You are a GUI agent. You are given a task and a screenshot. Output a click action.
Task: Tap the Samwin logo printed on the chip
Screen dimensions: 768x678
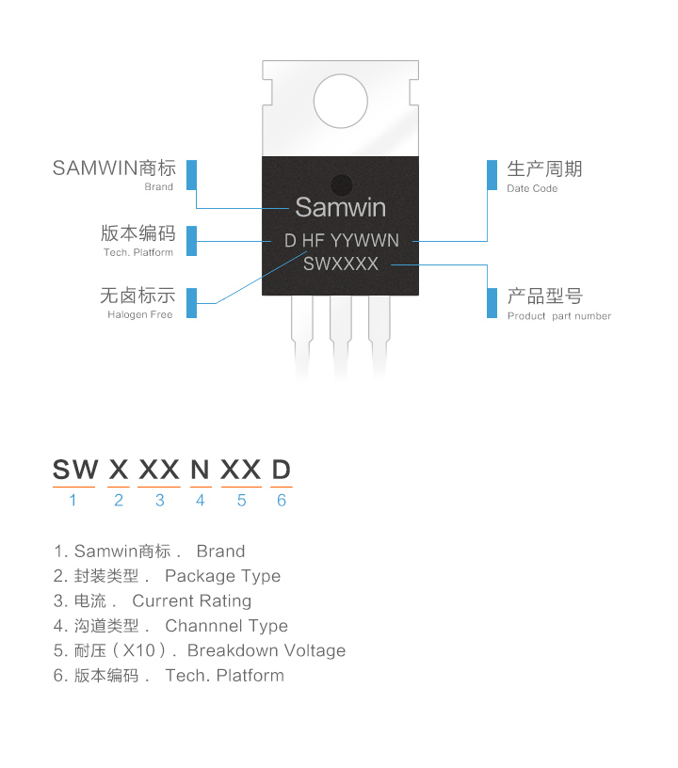point(340,206)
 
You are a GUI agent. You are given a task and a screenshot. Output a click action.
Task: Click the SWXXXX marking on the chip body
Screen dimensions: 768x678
point(341,264)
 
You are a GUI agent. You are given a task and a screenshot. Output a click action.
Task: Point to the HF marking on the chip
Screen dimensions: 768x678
point(313,241)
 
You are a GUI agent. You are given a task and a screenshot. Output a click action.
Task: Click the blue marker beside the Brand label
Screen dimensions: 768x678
point(191,175)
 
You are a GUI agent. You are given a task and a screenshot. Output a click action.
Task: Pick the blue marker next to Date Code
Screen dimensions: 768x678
point(492,175)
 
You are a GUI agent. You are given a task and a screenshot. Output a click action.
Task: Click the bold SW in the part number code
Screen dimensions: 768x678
point(74,469)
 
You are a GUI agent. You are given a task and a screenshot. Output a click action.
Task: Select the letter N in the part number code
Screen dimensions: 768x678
point(200,469)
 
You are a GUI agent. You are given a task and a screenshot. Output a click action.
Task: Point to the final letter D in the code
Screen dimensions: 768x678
point(281,469)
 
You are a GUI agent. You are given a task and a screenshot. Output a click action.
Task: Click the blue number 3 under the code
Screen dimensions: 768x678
point(160,501)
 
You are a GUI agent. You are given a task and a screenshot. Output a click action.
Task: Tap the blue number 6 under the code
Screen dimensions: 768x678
point(281,501)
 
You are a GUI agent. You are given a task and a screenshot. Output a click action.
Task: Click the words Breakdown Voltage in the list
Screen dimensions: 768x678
point(266,650)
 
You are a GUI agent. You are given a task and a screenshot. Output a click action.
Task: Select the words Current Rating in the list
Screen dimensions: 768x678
point(192,600)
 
